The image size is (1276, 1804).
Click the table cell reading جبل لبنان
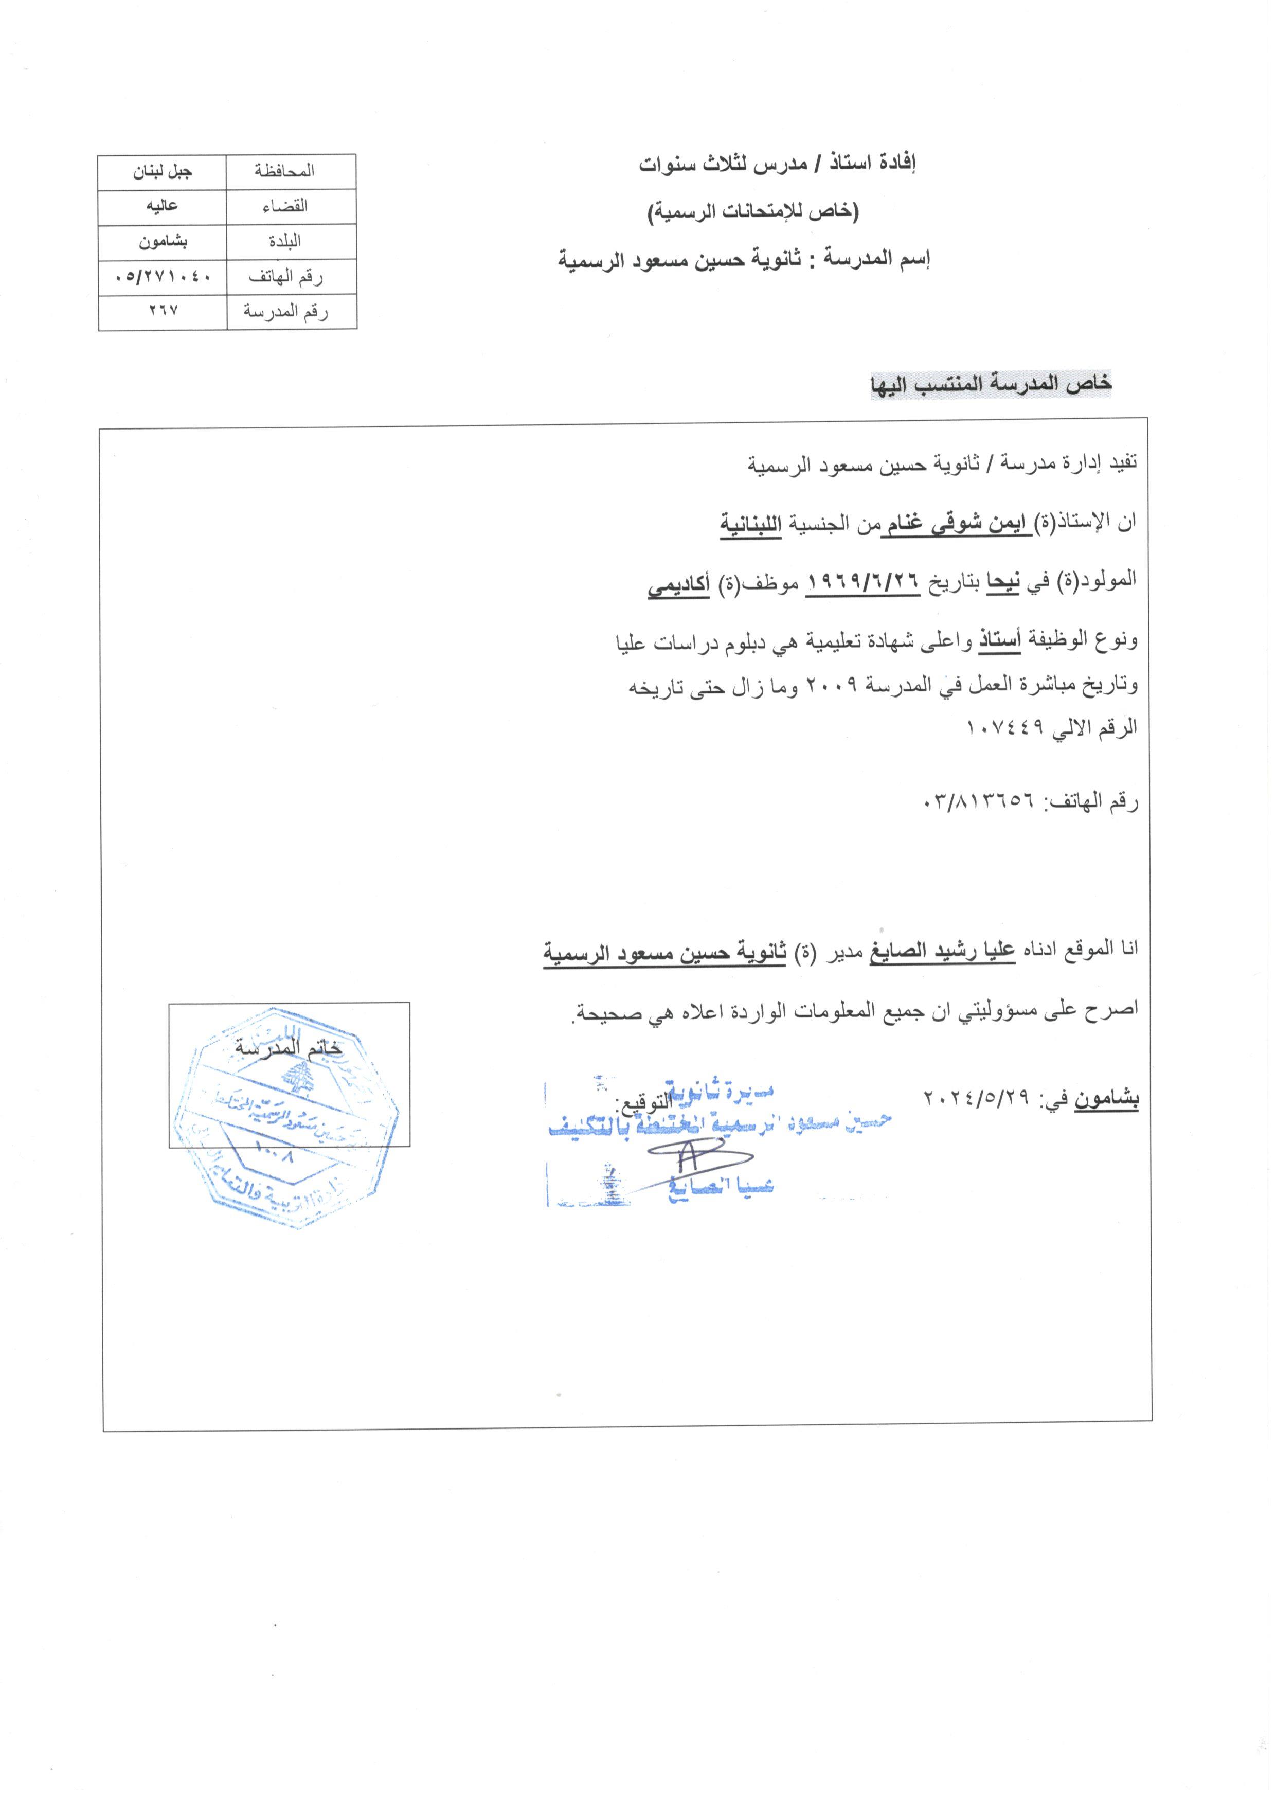(163, 171)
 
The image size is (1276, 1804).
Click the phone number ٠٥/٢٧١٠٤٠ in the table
(163, 277)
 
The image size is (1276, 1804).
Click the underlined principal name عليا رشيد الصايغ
(941, 951)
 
